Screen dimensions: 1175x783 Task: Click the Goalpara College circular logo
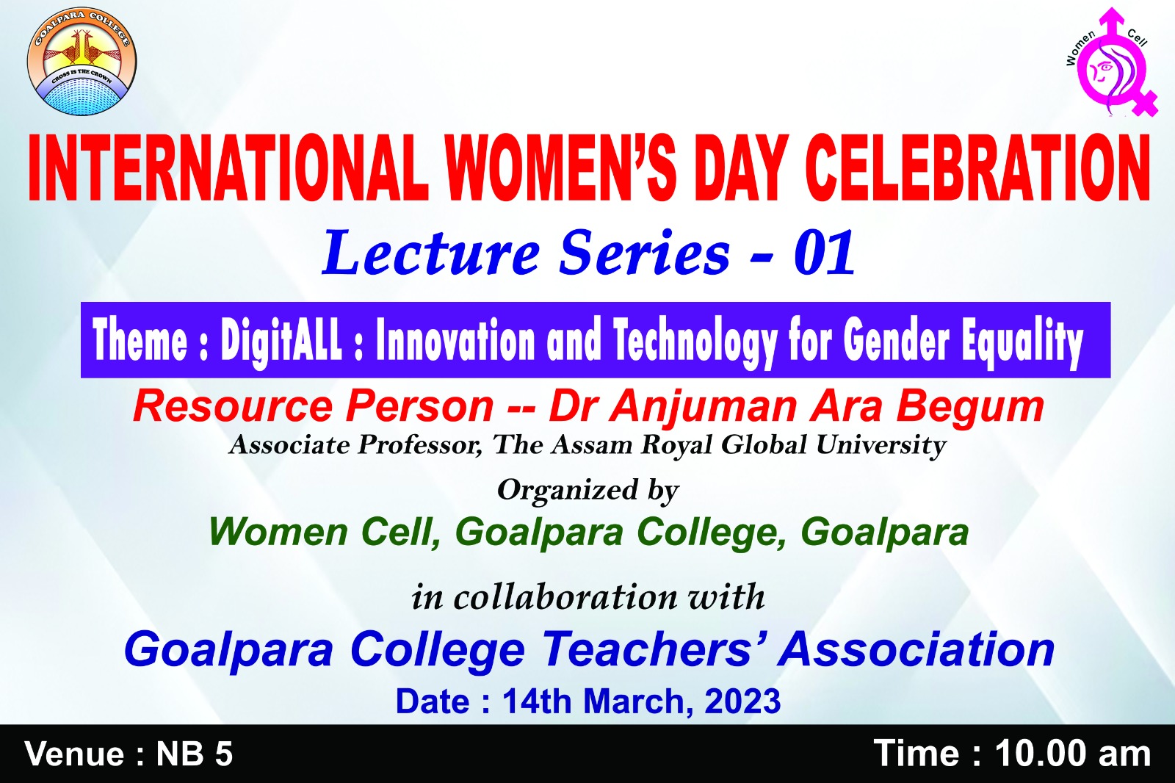[x=82, y=61]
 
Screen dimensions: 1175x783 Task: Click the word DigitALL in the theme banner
[x=281, y=341]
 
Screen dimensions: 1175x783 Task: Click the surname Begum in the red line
[x=970, y=408]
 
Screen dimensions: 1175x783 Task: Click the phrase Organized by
[x=588, y=491]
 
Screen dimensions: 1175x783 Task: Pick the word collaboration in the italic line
[x=565, y=596]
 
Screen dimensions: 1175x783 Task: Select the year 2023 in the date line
[x=742, y=701]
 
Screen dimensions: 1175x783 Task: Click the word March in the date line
[x=638, y=701]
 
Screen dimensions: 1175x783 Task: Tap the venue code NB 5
[x=194, y=754]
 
